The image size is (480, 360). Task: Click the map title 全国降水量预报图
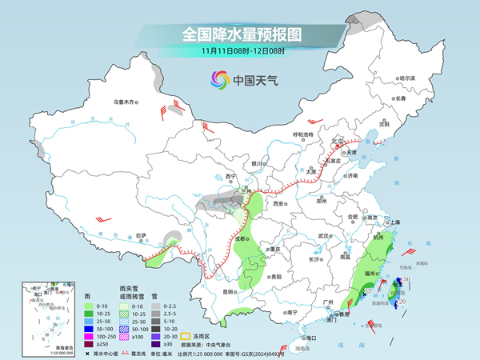(x=241, y=34)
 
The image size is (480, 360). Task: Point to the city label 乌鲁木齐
(x=125, y=102)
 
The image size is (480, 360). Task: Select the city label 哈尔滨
(x=407, y=78)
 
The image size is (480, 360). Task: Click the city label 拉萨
(x=142, y=235)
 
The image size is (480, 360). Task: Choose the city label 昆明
(x=230, y=291)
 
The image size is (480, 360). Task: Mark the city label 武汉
(x=324, y=236)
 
